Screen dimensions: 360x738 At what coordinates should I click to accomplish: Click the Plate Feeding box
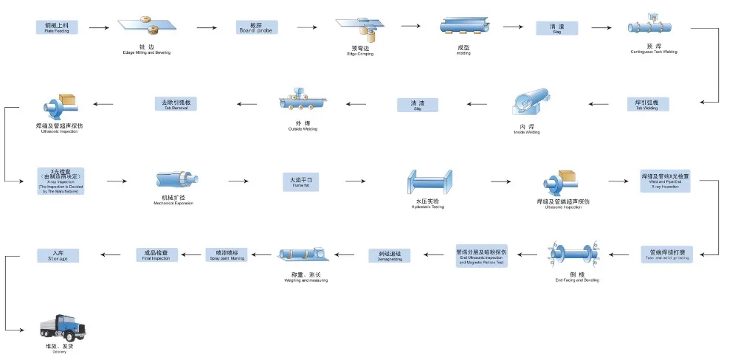(x=56, y=27)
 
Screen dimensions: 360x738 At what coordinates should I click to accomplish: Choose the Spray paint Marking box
(x=226, y=255)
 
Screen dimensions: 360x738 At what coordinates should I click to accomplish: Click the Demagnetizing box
(x=390, y=255)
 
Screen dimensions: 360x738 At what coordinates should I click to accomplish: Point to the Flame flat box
(x=300, y=181)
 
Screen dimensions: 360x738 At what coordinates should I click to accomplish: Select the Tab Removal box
(x=176, y=103)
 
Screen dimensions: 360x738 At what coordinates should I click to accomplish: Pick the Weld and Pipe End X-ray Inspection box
(x=664, y=181)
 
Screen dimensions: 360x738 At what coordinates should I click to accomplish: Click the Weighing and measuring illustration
(x=303, y=255)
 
